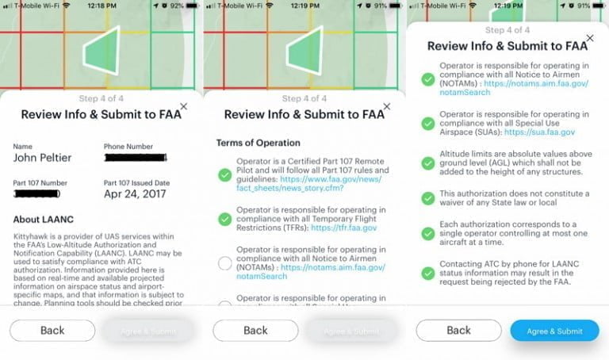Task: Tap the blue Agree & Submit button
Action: click(553, 331)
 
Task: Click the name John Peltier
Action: click(42, 158)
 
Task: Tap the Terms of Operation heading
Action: click(258, 143)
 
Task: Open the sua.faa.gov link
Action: click(547, 133)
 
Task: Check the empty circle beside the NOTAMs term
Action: click(224, 262)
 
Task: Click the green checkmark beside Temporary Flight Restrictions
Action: click(224, 218)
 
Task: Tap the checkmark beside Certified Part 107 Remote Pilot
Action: click(224, 175)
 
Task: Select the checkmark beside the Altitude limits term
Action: click(427, 161)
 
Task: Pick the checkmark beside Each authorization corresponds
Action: click(427, 235)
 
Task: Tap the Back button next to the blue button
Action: click(458, 331)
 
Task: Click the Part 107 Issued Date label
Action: click(137, 183)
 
